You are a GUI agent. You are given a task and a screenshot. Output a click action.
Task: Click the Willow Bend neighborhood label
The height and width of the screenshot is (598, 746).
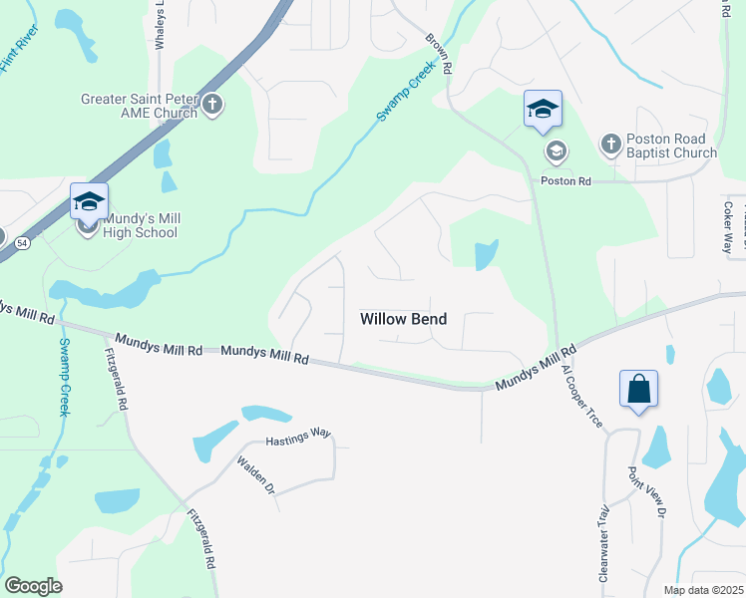pyautogui.click(x=403, y=319)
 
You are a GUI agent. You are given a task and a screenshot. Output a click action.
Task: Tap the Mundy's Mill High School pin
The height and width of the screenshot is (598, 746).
pyautogui.click(x=89, y=202)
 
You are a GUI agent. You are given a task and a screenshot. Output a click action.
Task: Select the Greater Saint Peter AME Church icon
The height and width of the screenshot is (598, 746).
pyautogui.click(x=212, y=105)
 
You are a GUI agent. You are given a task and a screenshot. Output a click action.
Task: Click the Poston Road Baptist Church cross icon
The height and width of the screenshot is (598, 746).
pyautogui.click(x=610, y=146)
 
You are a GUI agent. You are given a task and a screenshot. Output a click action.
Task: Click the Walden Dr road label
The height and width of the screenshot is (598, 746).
pyautogui.click(x=255, y=475)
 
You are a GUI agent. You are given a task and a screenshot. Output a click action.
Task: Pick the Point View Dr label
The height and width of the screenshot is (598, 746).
pyautogui.click(x=645, y=492)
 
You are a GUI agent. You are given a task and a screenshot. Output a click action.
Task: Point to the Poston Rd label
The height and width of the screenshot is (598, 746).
pyautogui.click(x=565, y=181)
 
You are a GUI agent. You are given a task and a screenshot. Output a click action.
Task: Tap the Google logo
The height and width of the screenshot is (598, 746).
pyautogui.click(x=33, y=586)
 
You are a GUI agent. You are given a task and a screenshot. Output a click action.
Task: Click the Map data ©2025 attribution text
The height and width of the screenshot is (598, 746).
pyautogui.click(x=702, y=590)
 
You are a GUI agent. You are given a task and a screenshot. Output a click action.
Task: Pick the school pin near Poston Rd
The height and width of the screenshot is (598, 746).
pyautogui.click(x=543, y=109)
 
